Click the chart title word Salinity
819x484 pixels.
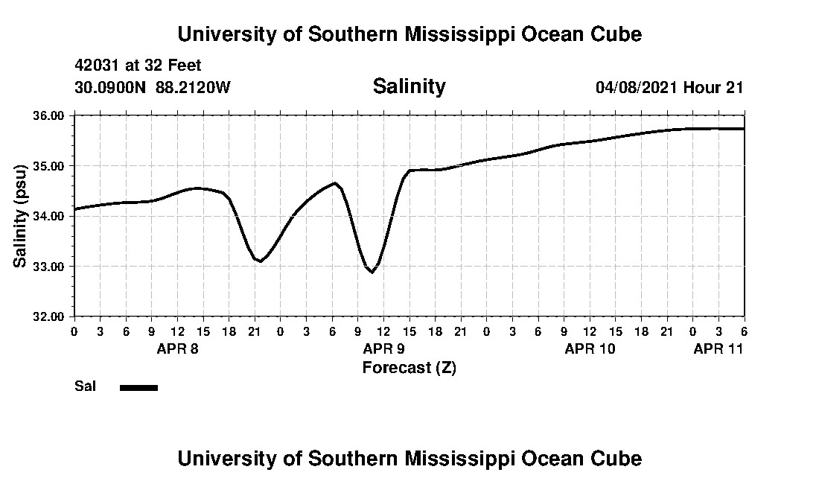[x=409, y=86]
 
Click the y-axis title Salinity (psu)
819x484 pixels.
[x=21, y=216]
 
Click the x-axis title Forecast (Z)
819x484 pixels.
[x=409, y=368]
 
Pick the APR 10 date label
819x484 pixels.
[x=590, y=348]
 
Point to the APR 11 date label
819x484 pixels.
[x=718, y=348]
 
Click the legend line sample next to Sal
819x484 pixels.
[x=138, y=387]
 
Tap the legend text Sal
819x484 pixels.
[x=83, y=386]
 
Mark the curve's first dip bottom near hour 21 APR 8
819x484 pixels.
[x=260, y=261]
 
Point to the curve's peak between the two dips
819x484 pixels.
[x=335, y=183]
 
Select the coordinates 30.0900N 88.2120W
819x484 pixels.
[x=153, y=87]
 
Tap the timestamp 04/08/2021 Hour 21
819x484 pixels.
[x=669, y=87]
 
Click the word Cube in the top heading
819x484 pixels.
[x=616, y=34]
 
